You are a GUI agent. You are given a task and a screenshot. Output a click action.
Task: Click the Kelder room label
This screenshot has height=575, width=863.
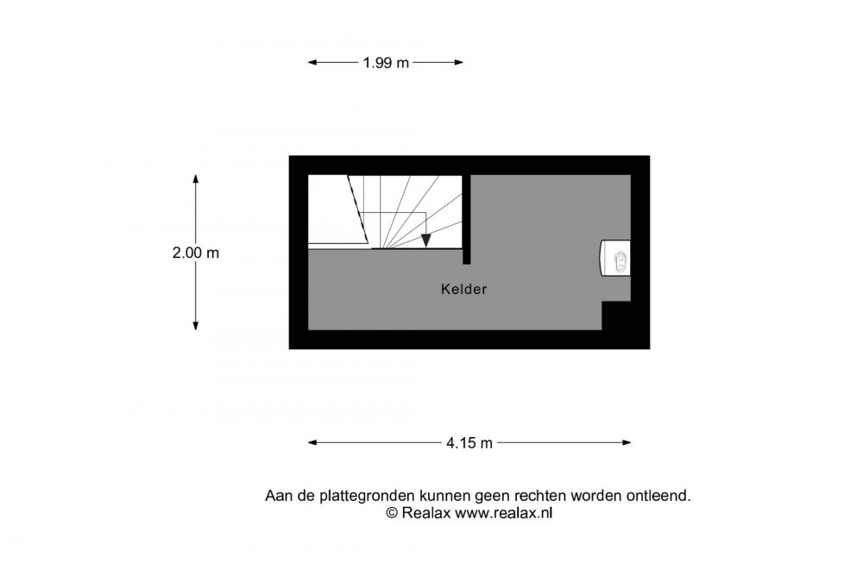point(464,289)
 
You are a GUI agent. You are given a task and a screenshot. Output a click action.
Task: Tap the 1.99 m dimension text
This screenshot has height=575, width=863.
point(386,63)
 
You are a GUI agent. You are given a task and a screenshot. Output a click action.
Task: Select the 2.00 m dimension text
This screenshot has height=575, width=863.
point(195,253)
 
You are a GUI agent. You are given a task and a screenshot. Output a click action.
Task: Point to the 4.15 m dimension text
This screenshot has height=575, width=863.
point(469,443)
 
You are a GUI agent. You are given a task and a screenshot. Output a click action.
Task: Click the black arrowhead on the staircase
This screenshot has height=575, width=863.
point(426,241)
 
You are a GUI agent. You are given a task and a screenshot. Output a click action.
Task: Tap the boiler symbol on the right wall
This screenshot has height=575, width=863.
point(614,258)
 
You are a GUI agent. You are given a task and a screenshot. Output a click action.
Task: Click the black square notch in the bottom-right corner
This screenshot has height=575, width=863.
point(616,316)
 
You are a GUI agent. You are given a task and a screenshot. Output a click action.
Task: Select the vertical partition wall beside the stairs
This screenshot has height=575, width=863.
point(467,219)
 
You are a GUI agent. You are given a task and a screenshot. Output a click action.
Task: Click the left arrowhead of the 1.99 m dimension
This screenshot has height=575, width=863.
point(312,63)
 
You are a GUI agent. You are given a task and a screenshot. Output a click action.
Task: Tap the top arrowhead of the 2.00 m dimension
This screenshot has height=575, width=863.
point(195,179)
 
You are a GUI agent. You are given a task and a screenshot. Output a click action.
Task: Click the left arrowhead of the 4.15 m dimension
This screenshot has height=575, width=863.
point(312,442)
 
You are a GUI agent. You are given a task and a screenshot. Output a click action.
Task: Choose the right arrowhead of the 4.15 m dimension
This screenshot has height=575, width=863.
point(627,442)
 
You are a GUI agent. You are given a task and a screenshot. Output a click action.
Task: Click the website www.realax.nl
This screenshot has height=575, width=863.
point(503,514)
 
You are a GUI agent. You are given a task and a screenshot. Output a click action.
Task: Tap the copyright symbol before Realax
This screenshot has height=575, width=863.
point(391,514)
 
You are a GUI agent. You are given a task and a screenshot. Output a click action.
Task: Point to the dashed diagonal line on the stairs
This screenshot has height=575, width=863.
point(358,209)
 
